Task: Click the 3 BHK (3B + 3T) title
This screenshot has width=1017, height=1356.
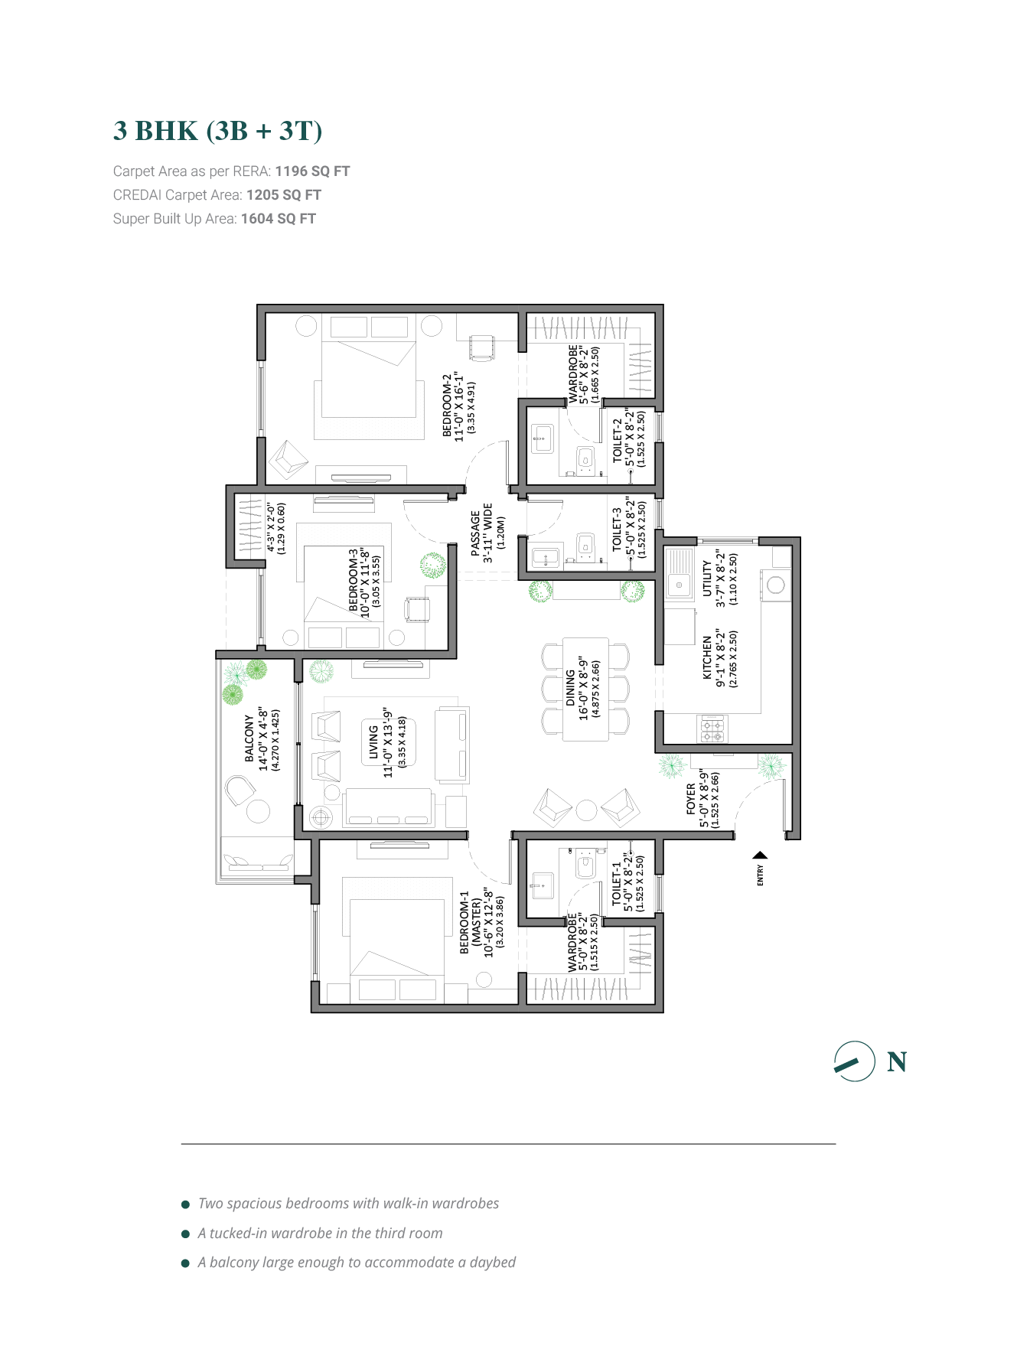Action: (x=217, y=131)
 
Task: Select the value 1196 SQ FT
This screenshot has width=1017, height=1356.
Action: (x=312, y=171)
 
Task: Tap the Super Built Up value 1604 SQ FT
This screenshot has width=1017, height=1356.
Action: (x=279, y=219)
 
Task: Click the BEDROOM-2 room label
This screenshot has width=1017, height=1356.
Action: (x=448, y=406)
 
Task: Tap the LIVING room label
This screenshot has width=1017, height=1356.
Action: (x=373, y=742)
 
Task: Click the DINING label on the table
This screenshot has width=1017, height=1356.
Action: (x=570, y=687)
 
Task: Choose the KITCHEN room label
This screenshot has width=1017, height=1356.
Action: (x=707, y=657)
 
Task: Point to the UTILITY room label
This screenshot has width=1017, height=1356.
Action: (x=707, y=578)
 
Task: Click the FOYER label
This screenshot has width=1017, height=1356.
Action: (x=691, y=799)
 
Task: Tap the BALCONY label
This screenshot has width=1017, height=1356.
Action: (x=249, y=738)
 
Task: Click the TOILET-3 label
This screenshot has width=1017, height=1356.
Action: (x=617, y=529)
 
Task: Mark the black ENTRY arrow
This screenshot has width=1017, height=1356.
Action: (x=760, y=856)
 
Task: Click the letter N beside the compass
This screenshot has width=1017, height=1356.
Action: (x=897, y=1062)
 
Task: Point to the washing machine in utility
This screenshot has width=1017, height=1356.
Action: (x=776, y=585)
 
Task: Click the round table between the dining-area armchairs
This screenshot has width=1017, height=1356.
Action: (x=586, y=810)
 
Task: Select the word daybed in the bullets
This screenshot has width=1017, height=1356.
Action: (x=493, y=1263)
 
